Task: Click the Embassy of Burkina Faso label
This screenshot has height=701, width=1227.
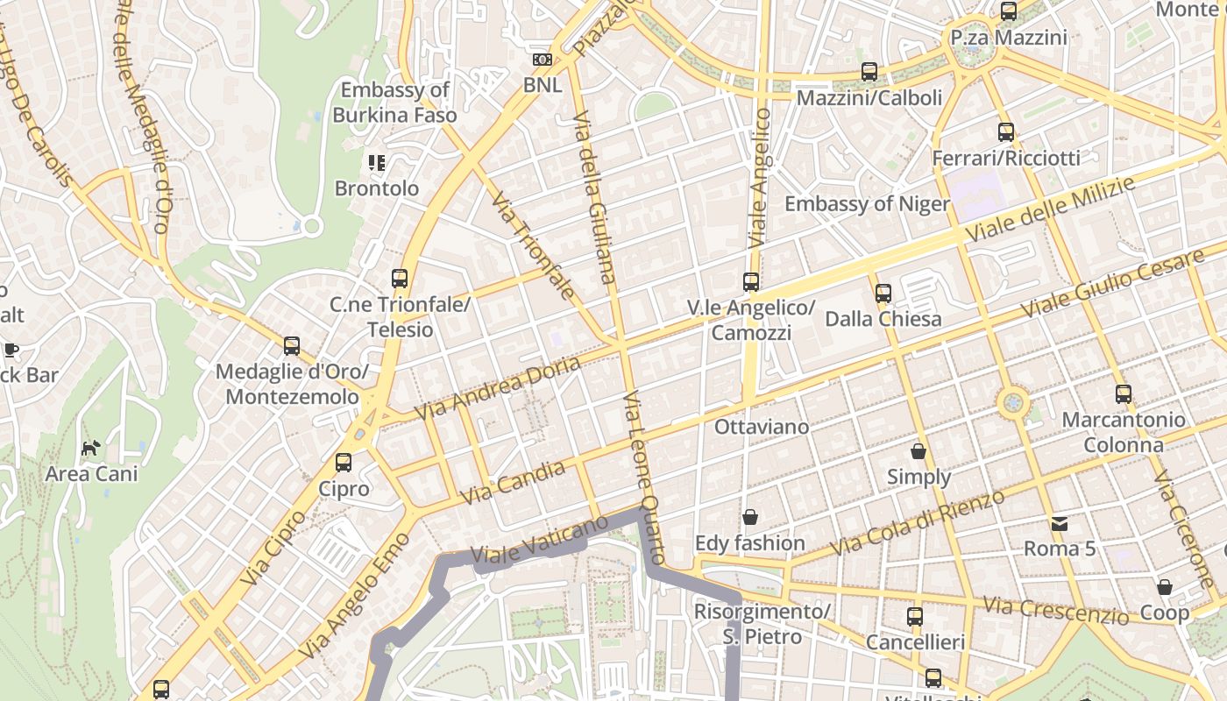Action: pos(394,102)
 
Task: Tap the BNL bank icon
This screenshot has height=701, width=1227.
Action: pos(543,60)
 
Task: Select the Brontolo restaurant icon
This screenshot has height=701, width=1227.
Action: pos(377,162)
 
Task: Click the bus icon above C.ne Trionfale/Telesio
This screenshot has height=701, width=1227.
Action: pos(400,279)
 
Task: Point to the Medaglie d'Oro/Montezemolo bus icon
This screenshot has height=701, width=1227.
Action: pos(292,346)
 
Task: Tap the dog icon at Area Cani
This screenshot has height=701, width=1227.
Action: pos(90,448)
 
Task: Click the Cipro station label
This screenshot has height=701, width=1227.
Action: pos(344,488)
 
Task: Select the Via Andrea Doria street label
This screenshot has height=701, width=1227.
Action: pos(497,386)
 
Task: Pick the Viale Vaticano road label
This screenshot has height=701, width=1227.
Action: pos(539,539)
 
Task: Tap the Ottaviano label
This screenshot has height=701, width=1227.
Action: pos(762,427)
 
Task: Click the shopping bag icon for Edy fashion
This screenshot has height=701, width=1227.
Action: pos(749,517)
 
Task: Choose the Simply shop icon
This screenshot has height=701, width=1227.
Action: pos(918,451)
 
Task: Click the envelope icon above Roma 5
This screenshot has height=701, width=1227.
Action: pos(1060,524)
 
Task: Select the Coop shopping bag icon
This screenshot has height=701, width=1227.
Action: pos(1165,587)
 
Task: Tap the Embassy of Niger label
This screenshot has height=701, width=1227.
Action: pos(867,204)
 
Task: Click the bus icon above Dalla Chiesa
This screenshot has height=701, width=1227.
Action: pos(883,294)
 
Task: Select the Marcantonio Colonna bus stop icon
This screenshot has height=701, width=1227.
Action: pos(1124,394)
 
